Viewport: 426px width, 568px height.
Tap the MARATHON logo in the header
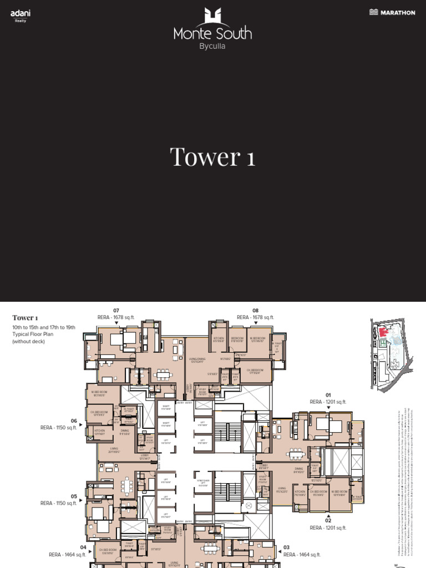[x=392, y=12]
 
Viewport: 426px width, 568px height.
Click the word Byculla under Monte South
[x=212, y=46]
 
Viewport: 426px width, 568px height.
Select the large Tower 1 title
[x=212, y=157]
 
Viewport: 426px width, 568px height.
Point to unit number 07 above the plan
[x=116, y=311]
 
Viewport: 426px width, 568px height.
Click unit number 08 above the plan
[x=255, y=311]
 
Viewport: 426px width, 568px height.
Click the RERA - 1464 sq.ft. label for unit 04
[x=68, y=554]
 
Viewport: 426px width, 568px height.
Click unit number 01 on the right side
[x=328, y=395]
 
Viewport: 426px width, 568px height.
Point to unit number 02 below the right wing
[x=328, y=520]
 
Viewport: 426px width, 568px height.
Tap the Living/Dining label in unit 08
[x=197, y=361]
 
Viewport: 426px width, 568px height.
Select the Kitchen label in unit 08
[x=219, y=339]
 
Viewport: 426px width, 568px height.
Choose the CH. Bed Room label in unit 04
[x=105, y=551]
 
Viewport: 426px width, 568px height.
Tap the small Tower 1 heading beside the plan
[x=25, y=318]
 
